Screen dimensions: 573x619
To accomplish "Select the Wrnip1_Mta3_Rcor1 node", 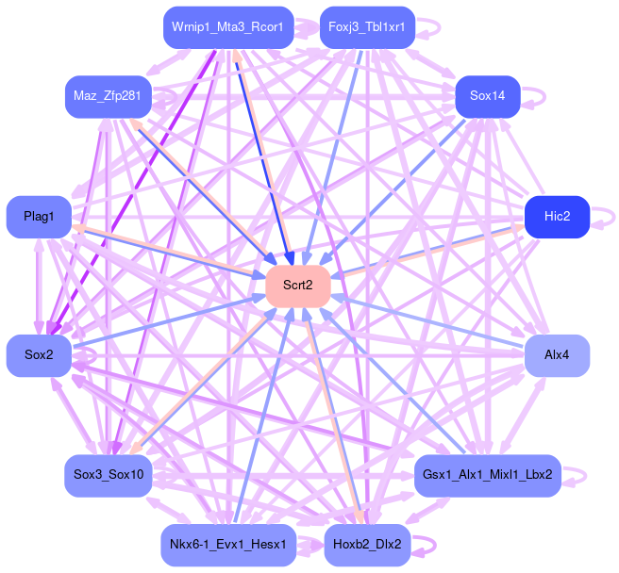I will click(227, 27).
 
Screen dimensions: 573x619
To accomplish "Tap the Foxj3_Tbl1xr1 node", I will click(366, 27).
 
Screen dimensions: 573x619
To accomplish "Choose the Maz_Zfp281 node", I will click(109, 97).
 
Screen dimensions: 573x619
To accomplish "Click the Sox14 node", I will click(487, 97).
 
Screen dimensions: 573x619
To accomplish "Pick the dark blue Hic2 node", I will click(557, 217).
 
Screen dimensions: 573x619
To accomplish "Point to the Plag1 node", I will click(39, 217).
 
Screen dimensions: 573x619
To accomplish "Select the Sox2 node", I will click(39, 355).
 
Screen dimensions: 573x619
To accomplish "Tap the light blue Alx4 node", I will click(557, 355).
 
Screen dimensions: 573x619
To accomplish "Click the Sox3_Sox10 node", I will click(109, 475).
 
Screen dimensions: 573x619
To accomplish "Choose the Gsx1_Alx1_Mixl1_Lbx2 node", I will click(487, 475).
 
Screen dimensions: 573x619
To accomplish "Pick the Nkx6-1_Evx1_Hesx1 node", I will click(227, 545).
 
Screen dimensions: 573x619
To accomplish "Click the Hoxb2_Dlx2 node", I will click(366, 545).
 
